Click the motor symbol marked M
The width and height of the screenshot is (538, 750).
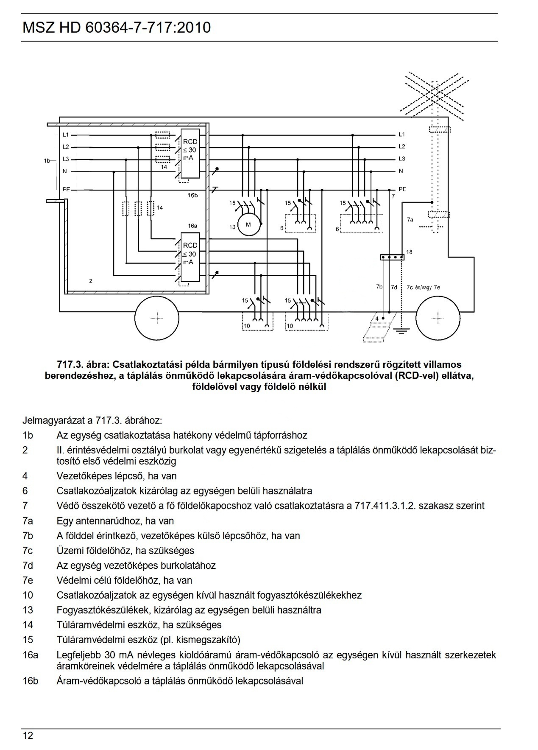[248, 225]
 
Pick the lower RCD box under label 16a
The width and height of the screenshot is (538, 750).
[190, 257]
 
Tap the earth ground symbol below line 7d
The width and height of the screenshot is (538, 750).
[401, 330]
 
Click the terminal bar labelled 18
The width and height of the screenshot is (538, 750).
[392, 257]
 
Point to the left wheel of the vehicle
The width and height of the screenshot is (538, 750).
[157, 318]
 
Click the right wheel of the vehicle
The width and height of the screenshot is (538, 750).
[438, 318]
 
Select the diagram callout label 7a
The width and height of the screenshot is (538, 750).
[410, 220]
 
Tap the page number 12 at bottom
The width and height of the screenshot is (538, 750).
[28, 736]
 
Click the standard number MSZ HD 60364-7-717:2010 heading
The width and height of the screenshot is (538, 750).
[116, 28]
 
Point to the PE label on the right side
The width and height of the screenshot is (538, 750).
[402, 189]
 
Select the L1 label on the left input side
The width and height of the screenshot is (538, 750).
[66, 135]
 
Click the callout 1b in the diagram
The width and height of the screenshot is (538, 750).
[47, 161]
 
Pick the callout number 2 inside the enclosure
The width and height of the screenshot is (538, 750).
[91, 281]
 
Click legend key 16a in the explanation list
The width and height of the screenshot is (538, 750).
[30, 655]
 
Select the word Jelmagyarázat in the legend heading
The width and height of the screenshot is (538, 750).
[53, 421]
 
